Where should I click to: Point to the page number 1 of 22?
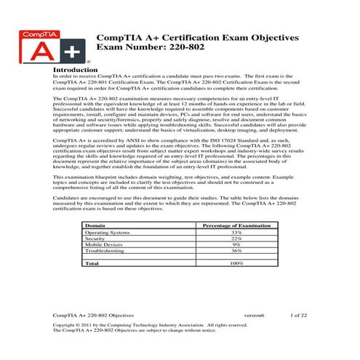[298, 315]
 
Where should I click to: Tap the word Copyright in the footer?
[68, 324]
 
